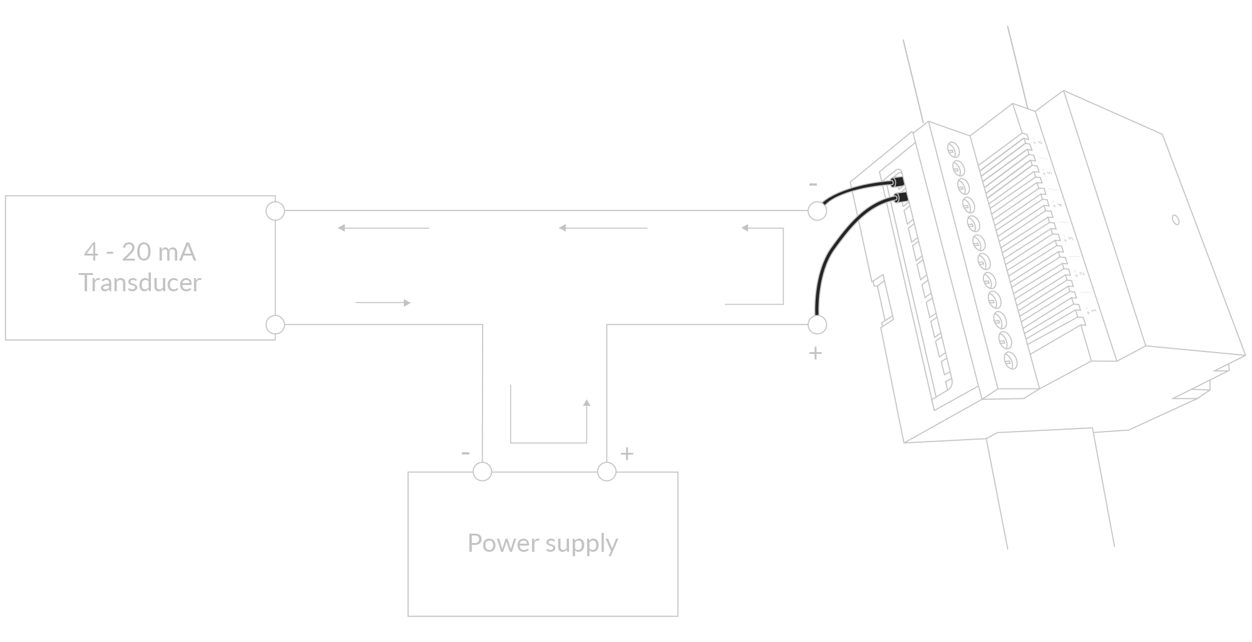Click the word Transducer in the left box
(x=140, y=283)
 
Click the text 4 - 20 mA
(x=140, y=252)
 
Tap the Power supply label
(x=542, y=543)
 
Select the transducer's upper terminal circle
(x=275, y=211)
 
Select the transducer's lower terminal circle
(x=275, y=324)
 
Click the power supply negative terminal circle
(x=482, y=472)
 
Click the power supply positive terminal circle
(x=607, y=472)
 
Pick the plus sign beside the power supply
(x=627, y=453)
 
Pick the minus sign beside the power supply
(x=465, y=453)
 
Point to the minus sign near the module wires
(x=813, y=185)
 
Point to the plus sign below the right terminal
(x=815, y=353)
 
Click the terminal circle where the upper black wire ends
(x=816, y=211)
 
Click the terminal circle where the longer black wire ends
(x=817, y=324)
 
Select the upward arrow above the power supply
(x=587, y=404)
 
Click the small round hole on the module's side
(x=1175, y=220)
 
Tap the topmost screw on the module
(x=952, y=149)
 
